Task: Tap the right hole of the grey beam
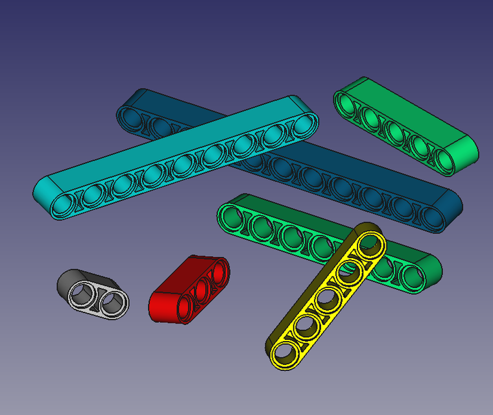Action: (x=114, y=302)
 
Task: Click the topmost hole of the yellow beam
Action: (x=370, y=243)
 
